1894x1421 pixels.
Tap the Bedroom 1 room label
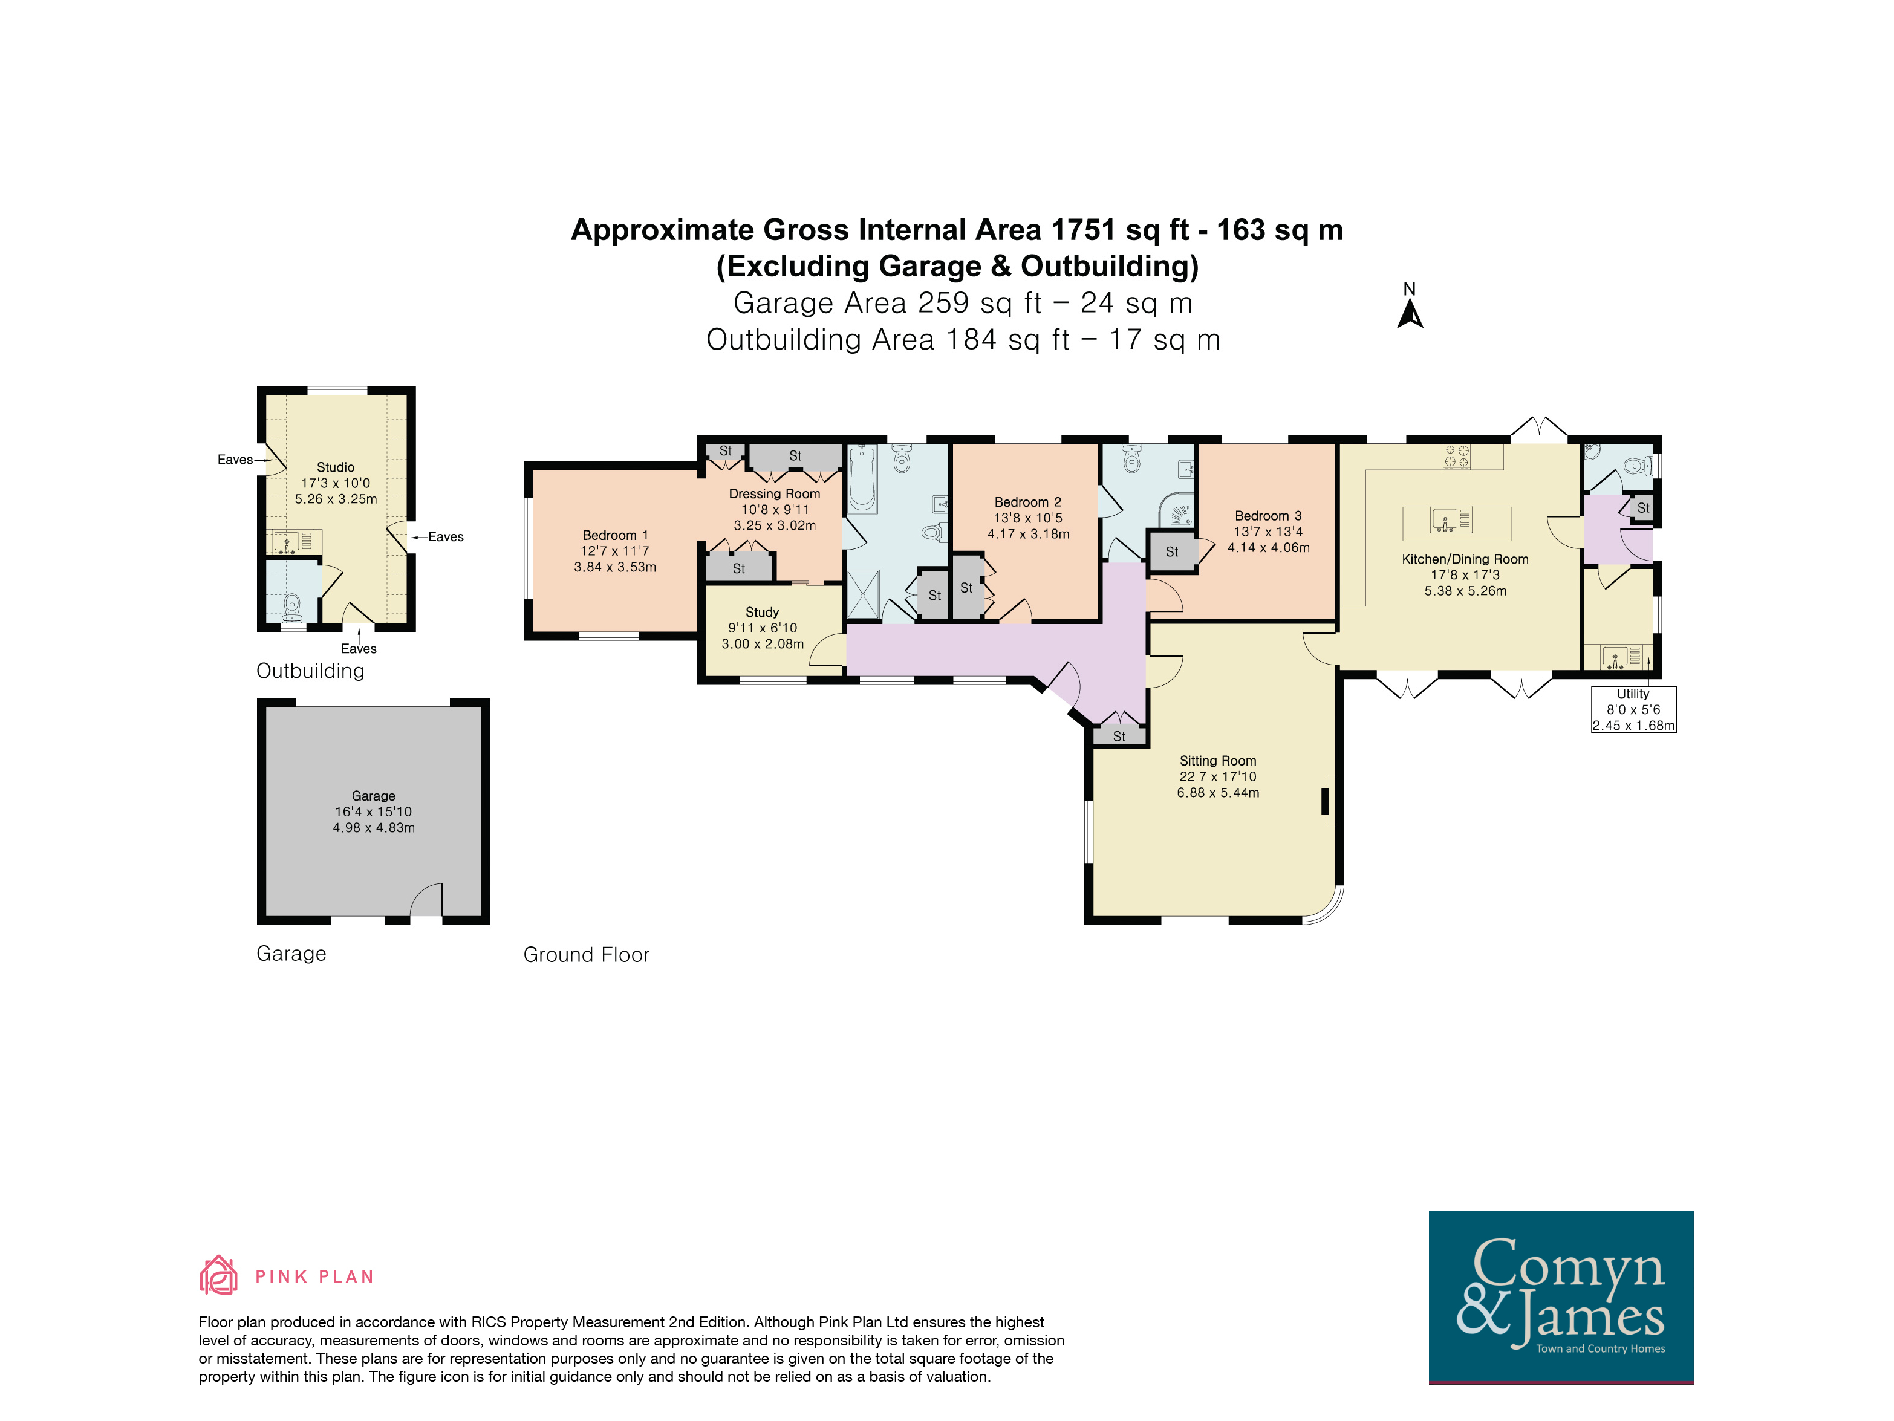(615, 535)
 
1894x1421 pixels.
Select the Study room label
(762, 612)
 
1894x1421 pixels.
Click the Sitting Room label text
(1217, 761)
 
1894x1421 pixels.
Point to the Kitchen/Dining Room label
(1465, 559)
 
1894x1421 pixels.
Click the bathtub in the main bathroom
(862, 478)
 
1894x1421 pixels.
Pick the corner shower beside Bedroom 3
(1178, 510)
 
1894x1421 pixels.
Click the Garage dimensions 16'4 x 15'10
(373, 811)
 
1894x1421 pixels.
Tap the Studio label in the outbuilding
(336, 467)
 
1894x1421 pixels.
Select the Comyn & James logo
(1561, 1297)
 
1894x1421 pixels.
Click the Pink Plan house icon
(218, 1275)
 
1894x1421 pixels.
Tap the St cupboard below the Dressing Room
(739, 568)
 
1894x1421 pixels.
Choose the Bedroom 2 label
(1027, 502)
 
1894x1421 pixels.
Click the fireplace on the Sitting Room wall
(1328, 801)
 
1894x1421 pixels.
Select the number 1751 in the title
(1083, 230)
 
